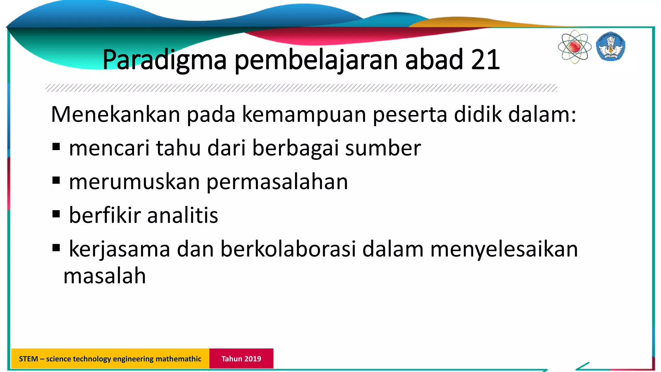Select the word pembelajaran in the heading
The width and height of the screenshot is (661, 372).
pyautogui.click(x=316, y=60)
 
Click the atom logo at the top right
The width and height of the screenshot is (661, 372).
pyautogui.click(x=575, y=47)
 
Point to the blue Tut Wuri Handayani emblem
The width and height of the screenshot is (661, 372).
pyautogui.click(x=610, y=46)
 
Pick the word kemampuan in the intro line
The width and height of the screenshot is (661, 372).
pyautogui.click(x=304, y=115)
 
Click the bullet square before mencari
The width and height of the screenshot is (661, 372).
pyautogui.click(x=56, y=147)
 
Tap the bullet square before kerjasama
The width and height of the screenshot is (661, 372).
pyautogui.click(x=56, y=248)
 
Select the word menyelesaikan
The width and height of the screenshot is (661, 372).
pyautogui.click(x=504, y=249)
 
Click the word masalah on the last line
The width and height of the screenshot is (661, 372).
pyautogui.click(x=105, y=276)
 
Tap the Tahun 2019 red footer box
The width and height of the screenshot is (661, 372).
pyautogui.click(x=241, y=358)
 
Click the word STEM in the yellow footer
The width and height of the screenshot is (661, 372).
pyautogui.click(x=28, y=359)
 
